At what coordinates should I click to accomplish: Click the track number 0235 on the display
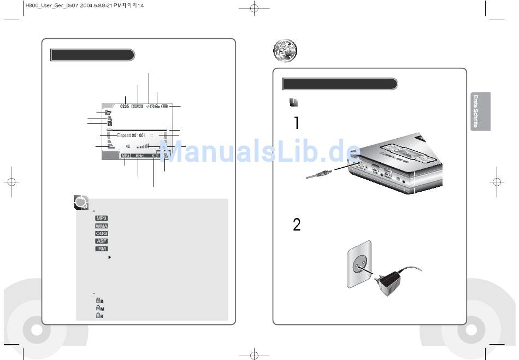(124, 107)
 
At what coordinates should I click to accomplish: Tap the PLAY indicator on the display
(137, 107)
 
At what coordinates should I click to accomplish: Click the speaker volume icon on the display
(128, 146)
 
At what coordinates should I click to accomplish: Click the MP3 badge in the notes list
(101, 218)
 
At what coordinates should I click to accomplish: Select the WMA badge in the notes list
(101, 226)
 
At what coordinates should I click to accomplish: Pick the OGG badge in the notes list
(101, 233)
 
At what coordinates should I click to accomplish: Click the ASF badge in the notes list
(101, 241)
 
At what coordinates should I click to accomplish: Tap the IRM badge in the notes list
(101, 249)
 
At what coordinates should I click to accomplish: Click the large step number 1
(296, 123)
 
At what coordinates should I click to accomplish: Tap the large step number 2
(297, 225)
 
